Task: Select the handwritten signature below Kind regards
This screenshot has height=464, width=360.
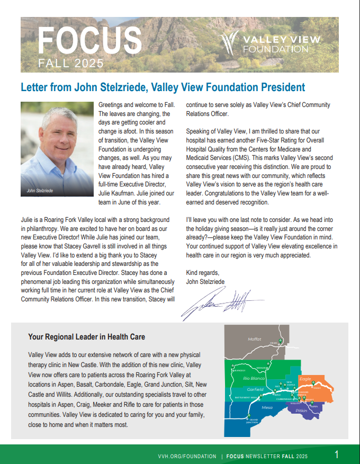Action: coord(222,303)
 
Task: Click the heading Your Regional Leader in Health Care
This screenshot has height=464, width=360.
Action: coord(86,337)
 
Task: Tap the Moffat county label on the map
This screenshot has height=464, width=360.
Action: coord(255,339)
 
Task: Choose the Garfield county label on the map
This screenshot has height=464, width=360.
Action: coord(255,389)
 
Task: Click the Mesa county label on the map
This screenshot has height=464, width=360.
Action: coord(267,407)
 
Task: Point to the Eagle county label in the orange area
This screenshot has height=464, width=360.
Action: coord(305,379)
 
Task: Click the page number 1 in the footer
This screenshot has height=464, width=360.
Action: coord(337,454)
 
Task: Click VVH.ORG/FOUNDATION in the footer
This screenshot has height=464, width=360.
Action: coord(187,456)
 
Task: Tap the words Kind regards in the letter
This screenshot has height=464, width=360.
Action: coord(203,273)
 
